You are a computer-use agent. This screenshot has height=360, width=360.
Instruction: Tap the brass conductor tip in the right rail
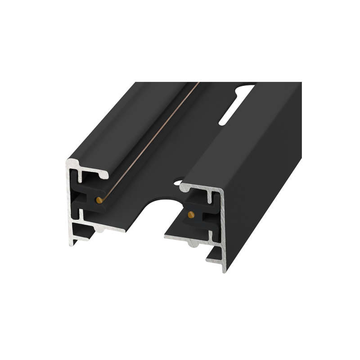(191, 214)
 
